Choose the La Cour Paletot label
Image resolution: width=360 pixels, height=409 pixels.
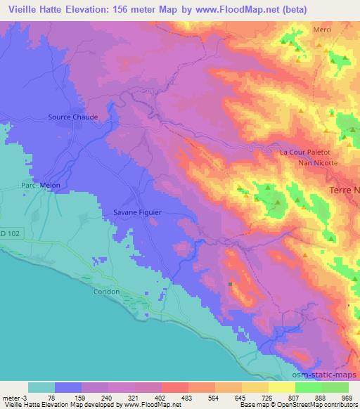point(309,152)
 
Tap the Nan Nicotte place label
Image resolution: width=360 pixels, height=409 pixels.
point(318,162)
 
